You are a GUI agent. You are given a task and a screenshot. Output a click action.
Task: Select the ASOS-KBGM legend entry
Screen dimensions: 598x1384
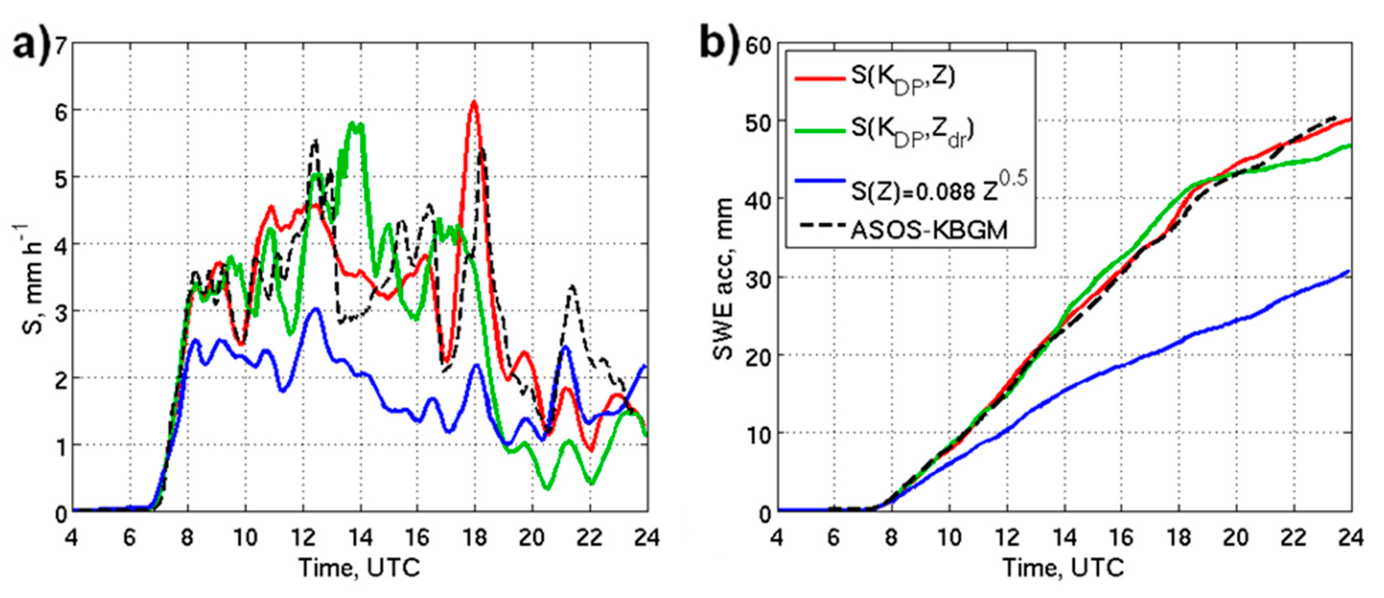pyautogui.click(x=928, y=230)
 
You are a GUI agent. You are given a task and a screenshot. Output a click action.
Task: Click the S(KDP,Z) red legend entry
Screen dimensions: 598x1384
pyautogui.click(x=902, y=78)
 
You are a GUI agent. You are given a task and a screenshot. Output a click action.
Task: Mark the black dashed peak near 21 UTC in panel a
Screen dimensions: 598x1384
pyautogui.click(x=573, y=286)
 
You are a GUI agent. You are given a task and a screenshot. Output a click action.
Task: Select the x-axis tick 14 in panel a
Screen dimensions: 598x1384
pyautogui.click(x=360, y=537)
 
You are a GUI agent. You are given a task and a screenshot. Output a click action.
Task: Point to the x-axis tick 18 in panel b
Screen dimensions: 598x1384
pyautogui.click(x=1179, y=537)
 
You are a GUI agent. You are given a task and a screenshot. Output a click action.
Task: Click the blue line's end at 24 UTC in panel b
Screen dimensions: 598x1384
pyautogui.click(x=1349, y=271)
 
